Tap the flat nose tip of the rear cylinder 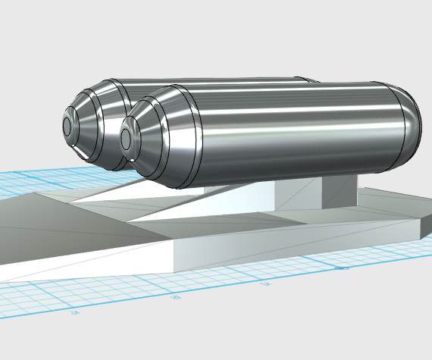click(x=67, y=126)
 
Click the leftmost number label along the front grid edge click(x=74, y=311)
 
